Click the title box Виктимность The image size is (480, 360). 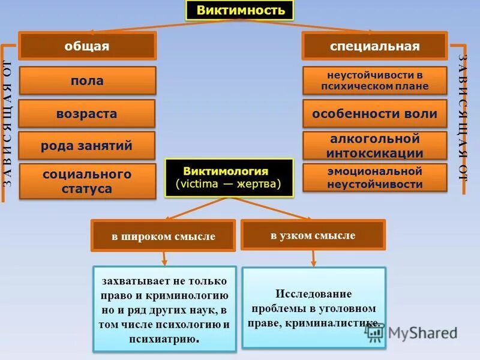tap(239, 10)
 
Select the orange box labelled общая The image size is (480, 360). tap(87, 46)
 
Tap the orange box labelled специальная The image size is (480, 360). tap(374, 46)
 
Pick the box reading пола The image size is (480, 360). tap(87, 80)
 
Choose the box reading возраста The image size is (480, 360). tap(87, 113)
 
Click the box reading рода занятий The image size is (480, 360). tap(87, 146)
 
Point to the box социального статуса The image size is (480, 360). tap(87, 181)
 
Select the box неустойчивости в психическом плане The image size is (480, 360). tap(374, 80)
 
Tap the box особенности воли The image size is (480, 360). tap(374, 113)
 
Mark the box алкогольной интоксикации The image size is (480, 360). tap(374, 146)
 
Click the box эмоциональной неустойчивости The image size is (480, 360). tap(374, 178)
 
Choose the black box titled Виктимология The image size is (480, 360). tap(229, 178)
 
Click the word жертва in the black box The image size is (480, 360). tap(259, 184)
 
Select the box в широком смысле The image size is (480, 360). tap(163, 236)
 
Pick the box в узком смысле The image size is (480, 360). tap(313, 235)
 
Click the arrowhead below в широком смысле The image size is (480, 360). tap(164, 262)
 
